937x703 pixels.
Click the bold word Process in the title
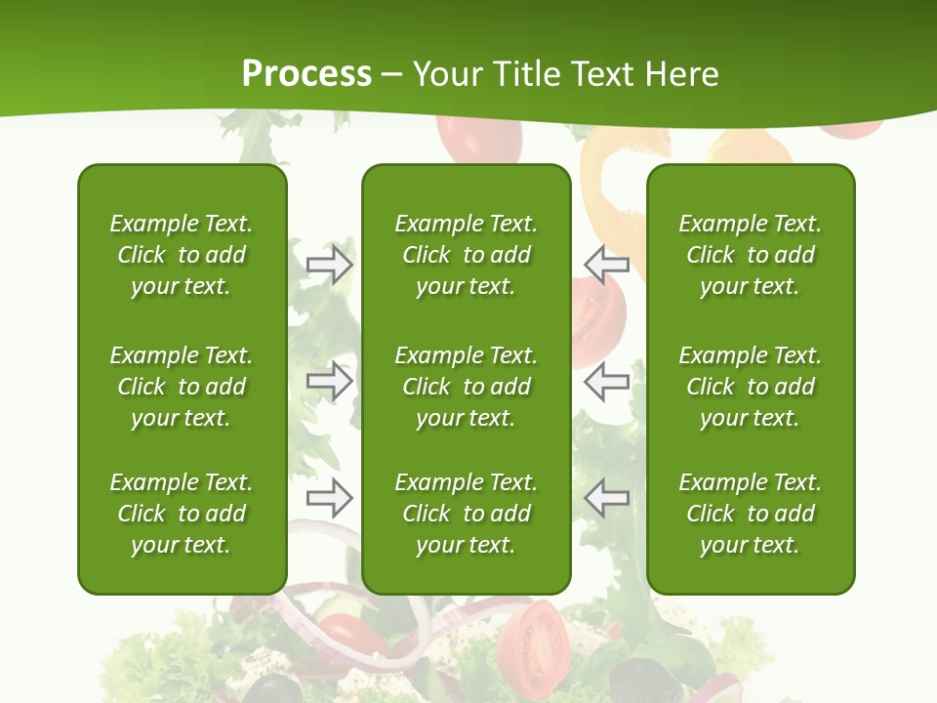click(306, 73)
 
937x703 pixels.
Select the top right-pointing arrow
click(329, 265)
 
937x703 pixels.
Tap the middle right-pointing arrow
click(329, 381)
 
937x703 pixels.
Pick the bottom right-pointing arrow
click(329, 499)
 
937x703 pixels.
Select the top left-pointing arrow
click(607, 265)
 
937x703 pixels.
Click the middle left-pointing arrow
click(607, 381)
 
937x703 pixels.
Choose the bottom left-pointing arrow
click(607, 499)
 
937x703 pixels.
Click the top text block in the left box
click(182, 255)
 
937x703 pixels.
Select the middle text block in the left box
click(182, 387)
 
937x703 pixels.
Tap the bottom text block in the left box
click(182, 514)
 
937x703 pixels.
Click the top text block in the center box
click(466, 255)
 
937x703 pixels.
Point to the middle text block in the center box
click(466, 387)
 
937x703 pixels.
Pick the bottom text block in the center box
click(466, 514)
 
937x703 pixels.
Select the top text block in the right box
click(750, 255)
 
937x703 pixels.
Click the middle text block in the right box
click(750, 387)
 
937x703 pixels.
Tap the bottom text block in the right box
click(750, 514)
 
